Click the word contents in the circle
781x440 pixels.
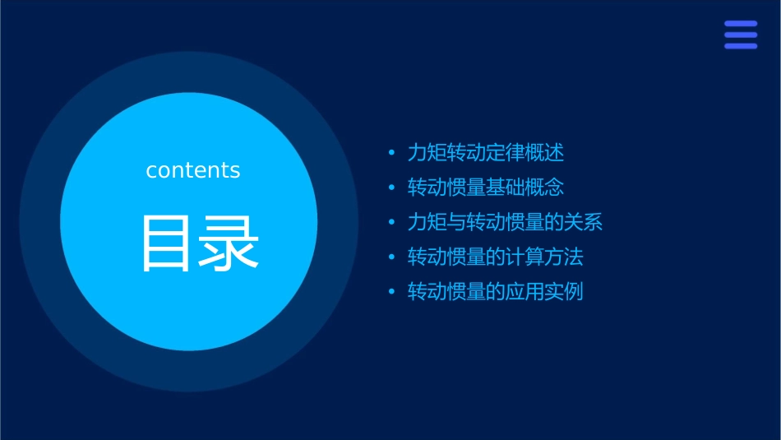[193, 170]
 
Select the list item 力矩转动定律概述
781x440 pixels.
[486, 152]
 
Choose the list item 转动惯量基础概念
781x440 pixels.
[486, 188]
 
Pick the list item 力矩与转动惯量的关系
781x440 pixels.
[506, 222]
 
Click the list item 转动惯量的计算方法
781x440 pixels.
[496, 257]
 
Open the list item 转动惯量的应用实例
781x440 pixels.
[496, 292]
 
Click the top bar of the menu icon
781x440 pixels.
[740, 24]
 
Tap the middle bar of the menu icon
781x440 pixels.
[740, 35]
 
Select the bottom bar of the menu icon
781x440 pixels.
[740, 46]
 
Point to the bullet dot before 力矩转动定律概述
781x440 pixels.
[392, 153]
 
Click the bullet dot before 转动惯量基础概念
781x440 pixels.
[392, 188]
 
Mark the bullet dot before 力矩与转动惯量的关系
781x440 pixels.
[392, 223]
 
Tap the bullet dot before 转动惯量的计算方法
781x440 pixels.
[392, 258]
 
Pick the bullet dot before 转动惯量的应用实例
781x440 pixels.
[392, 293]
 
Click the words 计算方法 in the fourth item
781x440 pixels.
[544, 257]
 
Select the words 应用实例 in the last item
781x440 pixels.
[544, 292]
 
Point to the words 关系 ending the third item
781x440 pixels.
[584, 222]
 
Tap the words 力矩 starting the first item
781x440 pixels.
[427, 152]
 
